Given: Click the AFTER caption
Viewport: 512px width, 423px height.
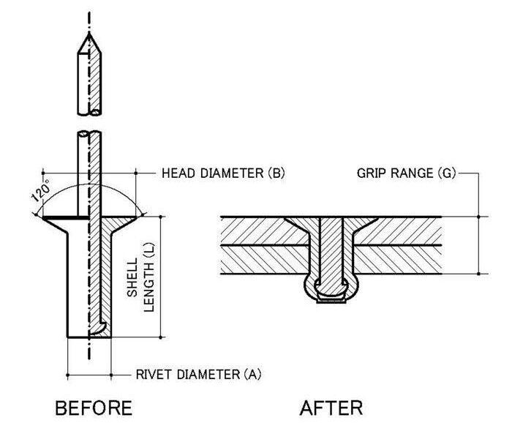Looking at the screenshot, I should (x=331, y=406).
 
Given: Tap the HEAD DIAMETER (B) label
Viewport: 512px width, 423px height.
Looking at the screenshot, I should (x=222, y=174).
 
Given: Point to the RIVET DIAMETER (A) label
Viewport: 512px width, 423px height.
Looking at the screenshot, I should (x=198, y=375).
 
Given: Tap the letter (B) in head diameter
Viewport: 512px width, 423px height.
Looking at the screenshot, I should (x=276, y=174).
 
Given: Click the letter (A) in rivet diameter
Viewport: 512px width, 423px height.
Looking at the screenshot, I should (x=252, y=375).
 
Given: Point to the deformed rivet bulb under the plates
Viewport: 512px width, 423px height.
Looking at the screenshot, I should (x=333, y=288).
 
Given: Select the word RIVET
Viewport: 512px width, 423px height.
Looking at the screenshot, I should (x=154, y=375).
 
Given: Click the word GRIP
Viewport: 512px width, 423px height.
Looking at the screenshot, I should (x=372, y=174).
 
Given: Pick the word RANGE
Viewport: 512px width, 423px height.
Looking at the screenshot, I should (x=414, y=174).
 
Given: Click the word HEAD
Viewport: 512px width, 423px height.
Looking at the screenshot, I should (x=178, y=174).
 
